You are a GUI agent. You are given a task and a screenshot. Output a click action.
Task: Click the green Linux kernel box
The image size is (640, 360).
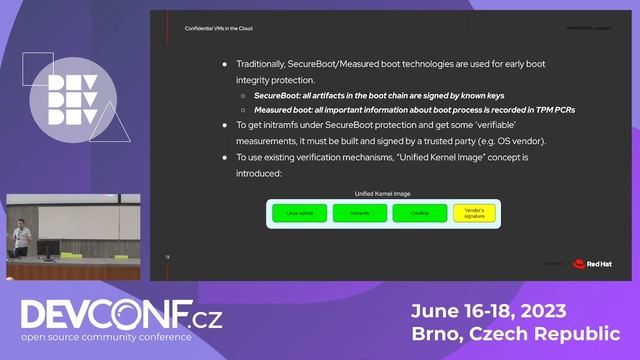293,213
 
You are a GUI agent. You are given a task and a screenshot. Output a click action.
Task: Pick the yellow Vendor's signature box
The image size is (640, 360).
475,212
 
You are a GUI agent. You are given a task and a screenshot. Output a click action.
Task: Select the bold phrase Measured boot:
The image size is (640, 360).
284,109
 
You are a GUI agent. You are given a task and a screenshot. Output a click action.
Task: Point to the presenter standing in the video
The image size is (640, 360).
22,236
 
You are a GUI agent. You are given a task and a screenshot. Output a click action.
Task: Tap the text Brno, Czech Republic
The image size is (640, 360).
515,332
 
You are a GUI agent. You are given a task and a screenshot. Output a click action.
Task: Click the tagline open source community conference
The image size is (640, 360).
121,338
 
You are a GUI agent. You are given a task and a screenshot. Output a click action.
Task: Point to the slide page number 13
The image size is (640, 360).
168,257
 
